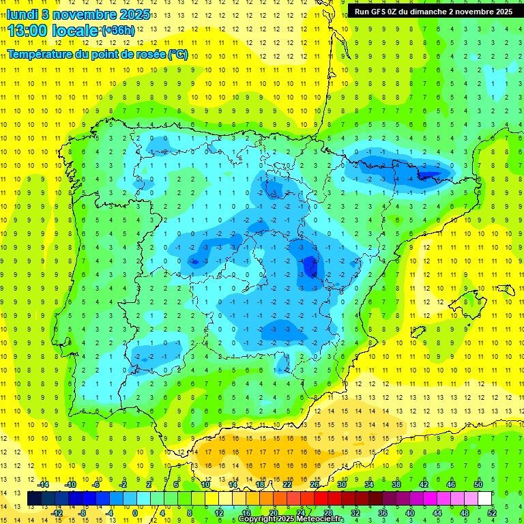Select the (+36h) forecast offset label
click(x=117, y=31)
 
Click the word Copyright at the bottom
click(x=257, y=519)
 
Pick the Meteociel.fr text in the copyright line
click(x=320, y=519)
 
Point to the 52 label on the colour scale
click(x=491, y=513)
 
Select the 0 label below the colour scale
click(x=135, y=513)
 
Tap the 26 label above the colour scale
click(x=314, y=484)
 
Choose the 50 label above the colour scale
click(x=478, y=484)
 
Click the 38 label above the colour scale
click(x=396, y=484)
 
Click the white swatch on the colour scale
click(x=484, y=499)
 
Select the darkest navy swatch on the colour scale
click(x=34, y=499)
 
